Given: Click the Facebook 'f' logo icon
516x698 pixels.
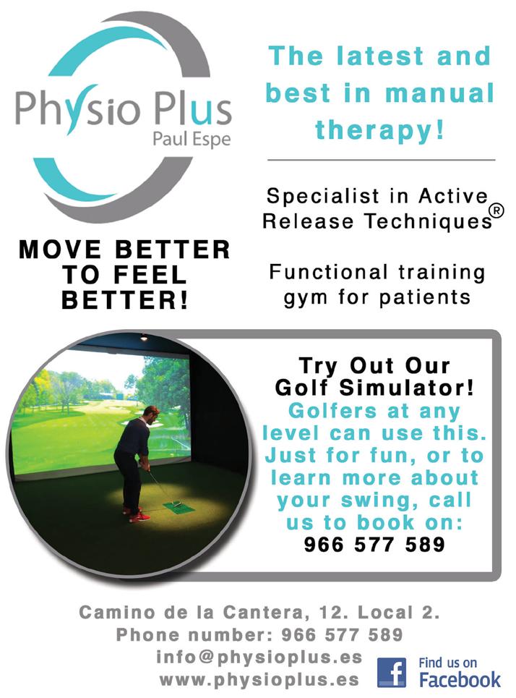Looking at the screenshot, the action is coord(392,673).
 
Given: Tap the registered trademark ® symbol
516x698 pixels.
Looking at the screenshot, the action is coord(497,210).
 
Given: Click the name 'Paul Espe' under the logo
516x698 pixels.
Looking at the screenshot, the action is coord(192,139).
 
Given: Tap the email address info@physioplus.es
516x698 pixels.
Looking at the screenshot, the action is coord(259,657).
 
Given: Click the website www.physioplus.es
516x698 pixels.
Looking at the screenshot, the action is coord(259,680).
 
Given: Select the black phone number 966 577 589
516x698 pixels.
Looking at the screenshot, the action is coord(374,544).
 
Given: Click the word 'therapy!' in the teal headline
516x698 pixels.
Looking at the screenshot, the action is coord(379,130).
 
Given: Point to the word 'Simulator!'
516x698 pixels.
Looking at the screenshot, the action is coord(407,388).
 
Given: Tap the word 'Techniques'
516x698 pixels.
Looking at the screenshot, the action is coord(428,221).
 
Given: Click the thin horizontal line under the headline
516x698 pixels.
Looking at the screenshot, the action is coord(381,160).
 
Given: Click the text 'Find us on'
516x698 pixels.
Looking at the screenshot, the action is coord(447,663).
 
